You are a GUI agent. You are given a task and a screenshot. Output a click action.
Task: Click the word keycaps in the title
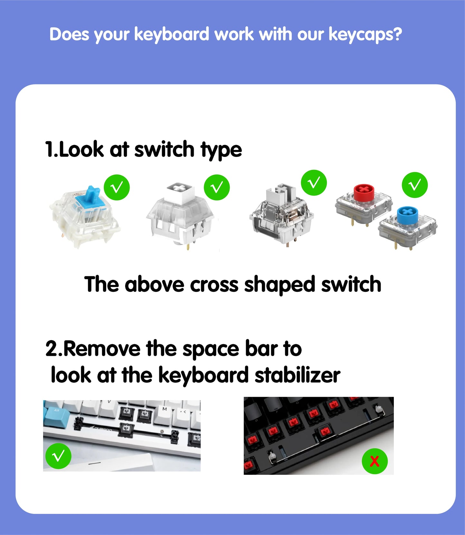point(365,34)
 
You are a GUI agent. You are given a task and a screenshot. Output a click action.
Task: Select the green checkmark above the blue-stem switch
point(116,187)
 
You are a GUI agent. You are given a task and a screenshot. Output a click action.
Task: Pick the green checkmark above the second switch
point(217,187)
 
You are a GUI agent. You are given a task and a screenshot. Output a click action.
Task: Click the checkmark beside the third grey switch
point(314,183)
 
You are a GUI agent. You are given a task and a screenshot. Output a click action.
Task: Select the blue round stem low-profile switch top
point(407,215)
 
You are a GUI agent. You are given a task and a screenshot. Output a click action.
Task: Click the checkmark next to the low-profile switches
point(414,185)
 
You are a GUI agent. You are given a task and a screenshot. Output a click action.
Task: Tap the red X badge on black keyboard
point(375,461)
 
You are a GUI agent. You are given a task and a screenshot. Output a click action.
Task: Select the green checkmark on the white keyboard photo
point(58,456)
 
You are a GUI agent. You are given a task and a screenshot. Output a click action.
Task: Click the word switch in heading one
point(164,150)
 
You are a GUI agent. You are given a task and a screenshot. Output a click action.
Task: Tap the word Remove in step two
point(102,349)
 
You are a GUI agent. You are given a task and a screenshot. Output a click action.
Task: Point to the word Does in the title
point(69,34)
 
